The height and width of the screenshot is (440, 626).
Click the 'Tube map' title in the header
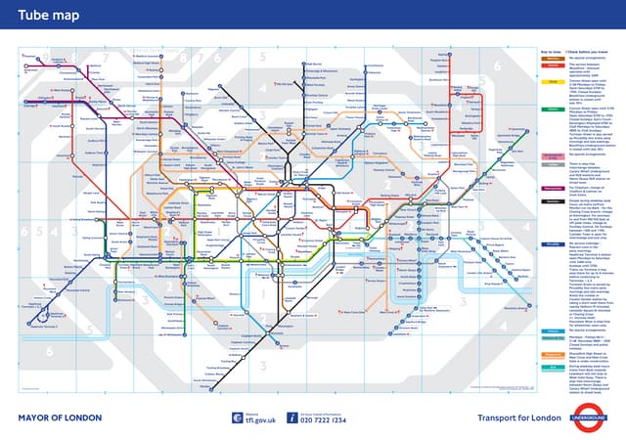[46, 18]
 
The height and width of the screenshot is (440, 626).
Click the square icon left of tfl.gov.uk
[237, 418]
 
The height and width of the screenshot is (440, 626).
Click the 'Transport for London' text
[519, 418]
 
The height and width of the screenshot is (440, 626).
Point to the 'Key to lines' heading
[551, 51]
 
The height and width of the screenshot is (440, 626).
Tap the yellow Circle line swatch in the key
[551, 83]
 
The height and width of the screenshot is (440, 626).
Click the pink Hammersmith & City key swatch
[551, 183]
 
